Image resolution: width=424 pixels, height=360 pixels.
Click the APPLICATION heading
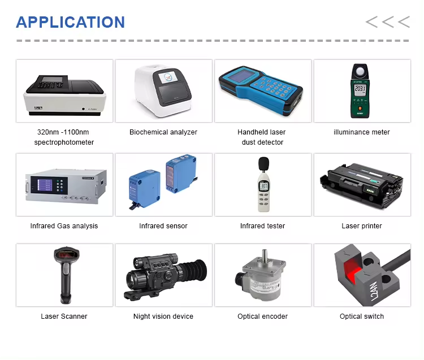(70, 23)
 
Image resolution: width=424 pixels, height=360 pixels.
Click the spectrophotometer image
(64, 93)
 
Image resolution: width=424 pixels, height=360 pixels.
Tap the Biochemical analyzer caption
(163, 132)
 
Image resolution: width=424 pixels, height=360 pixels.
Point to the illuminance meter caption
(362, 132)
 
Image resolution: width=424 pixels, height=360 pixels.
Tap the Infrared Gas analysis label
(64, 226)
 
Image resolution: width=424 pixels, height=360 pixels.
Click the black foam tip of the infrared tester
(262, 163)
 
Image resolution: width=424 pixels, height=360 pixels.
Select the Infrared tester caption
(262, 226)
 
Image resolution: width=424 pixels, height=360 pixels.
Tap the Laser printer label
(362, 226)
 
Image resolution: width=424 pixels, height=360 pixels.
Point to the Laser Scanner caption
(64, 316)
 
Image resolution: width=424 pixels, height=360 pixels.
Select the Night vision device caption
(163, 316)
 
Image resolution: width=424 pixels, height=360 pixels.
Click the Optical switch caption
(362, 316)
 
